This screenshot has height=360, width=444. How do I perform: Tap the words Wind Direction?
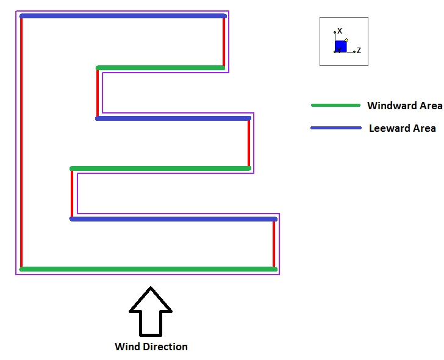coord(151,347)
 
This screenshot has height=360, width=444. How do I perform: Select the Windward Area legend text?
coord(404,106)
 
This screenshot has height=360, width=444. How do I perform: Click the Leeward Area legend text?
coord(403,128)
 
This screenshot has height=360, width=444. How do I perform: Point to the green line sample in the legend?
coord(335,106)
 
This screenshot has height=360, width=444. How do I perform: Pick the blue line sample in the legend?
coord(336,128)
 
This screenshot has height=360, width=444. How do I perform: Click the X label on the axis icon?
coord(340,31)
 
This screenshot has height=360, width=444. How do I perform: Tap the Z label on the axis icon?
coord(359,51)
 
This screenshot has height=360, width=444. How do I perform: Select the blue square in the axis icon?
coord(340,46)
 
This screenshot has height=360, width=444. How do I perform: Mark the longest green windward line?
coord(148,268)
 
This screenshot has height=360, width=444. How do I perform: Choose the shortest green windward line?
coord(160,68)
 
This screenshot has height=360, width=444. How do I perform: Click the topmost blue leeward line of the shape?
coord(123,16)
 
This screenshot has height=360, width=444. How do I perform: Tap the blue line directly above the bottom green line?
coord(173,218)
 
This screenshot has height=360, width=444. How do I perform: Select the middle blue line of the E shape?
coord(173,118)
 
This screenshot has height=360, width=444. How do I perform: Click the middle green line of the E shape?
coord(160,168)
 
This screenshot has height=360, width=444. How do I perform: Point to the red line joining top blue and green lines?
coord(224,41)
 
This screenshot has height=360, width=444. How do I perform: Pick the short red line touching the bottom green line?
coord(274,243)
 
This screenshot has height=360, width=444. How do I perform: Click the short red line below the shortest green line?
coord(98,93)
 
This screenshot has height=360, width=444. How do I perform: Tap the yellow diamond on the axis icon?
coord(346,40)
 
